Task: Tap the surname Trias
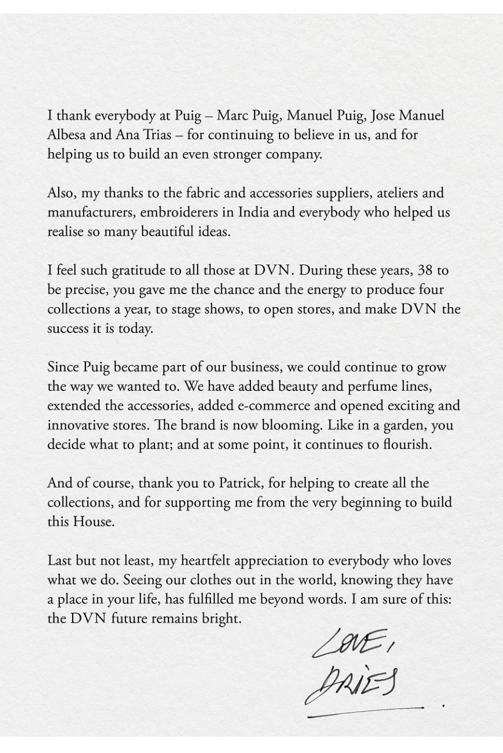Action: [x=158, y=134]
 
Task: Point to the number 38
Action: [x=426, y=270]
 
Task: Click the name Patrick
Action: [x=240, y=483]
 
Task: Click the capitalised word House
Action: [x=94, y=522]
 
